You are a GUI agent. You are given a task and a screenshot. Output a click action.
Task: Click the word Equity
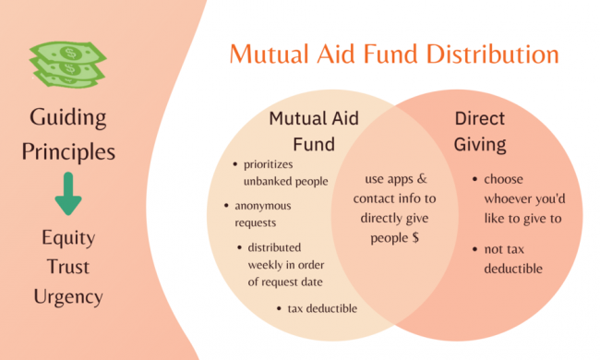pyautogui.click(x=67, y=237)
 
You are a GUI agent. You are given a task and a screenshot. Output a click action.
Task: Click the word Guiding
pyautogui.click(x=67, y=118)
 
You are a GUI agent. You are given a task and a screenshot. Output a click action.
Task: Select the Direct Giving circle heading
pyautogui.click(x=481, y=131)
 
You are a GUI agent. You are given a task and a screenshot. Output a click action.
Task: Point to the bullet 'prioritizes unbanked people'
pyautogui.click(x=284, y=173)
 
